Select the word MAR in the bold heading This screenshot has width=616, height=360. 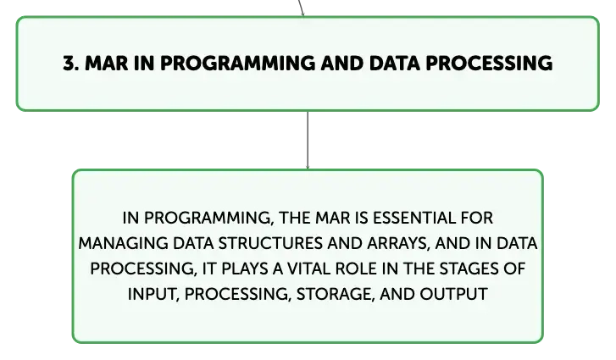click(x=107, y=64)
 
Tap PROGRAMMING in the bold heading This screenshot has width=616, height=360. click(x=237, y=64)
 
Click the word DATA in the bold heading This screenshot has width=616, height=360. click(x=395, y=64)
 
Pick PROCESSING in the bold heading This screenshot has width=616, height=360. click(x=490, y=64)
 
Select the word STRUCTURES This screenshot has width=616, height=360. click(x=270, y=243)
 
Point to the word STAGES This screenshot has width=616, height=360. click(x=463, y=269)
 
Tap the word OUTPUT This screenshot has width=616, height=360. click(x=453, y=294)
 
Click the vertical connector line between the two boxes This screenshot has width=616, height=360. click(x=308, y=140)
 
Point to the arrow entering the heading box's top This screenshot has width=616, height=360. click(x=301, y=8)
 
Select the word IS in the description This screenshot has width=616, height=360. click(x=362, y=218)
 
